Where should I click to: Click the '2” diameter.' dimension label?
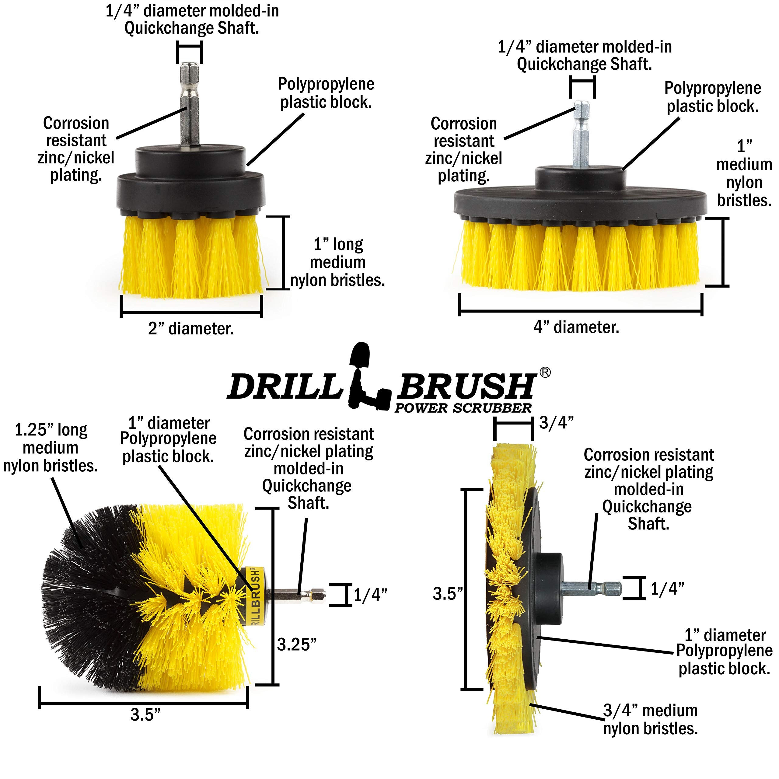(191, 329)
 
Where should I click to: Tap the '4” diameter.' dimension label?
(576, 327)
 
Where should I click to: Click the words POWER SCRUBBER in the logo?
(463, 408)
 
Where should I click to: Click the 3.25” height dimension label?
(297, 644)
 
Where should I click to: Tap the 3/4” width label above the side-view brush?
(557, 423)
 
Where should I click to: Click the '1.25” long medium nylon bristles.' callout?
(51, 448)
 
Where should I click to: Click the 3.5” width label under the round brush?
(145, 715)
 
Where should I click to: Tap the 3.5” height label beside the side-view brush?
(447, 593)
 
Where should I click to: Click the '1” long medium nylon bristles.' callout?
(338, 262)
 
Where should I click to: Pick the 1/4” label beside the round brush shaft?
(370, 595)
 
